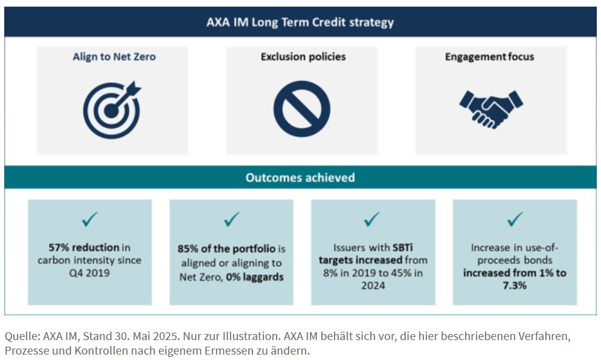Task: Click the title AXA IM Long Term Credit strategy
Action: [x=300, y=22]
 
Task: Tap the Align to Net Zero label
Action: [x=114, y=57]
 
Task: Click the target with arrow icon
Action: [x=112, y=109]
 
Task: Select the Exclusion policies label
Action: [x=303, y=57]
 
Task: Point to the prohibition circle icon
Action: [x=301, y=109]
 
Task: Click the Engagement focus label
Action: [x=490, y=57]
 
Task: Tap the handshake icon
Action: [x=491, y=109]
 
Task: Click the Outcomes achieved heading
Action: [x=300, y=178]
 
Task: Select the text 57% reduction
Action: [x=75, y=247]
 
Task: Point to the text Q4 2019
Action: [x=89, y=274]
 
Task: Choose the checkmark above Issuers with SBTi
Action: [x=373, y=219]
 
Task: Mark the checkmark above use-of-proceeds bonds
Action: [x=515, y=219]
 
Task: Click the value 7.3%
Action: [x=515, y=285]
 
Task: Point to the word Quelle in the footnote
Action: [x=19, y=336]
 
